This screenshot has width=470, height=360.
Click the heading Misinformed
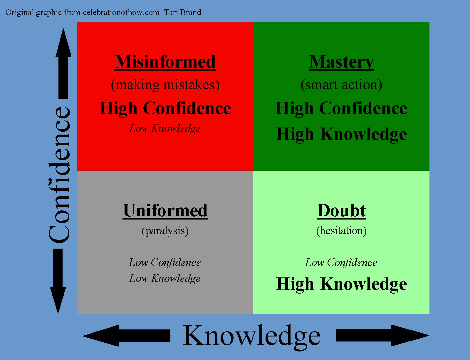[x=165, y=62]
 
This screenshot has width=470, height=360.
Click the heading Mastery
[x=341, y=62]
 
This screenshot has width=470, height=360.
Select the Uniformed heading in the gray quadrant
[x=165, y=210]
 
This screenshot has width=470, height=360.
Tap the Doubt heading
[x=341, y=210]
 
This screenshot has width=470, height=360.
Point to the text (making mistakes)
[x=165, y=85]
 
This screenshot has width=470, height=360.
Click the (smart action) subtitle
[x=341, y=85]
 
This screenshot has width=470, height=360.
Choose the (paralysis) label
[x=165, y=231]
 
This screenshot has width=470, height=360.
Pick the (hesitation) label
[x=341, y=231]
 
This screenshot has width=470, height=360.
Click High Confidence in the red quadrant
[x=165, y=108]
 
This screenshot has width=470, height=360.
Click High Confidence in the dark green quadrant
[x=342, y=108]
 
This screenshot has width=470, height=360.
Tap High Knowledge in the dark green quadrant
[x=342, y=134]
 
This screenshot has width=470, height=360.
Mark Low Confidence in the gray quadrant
[x=165, y=262]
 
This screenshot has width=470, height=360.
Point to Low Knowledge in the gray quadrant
[x=165, y=278]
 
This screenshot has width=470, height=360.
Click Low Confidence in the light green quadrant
[x=341, y=262]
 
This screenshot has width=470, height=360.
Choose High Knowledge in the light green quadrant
[x=342, y=284]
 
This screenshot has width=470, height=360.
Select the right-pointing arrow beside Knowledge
[x=382, y=335]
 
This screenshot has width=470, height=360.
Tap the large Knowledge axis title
[x=252, y=336]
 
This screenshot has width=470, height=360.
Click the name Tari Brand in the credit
[x=182, y=12]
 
